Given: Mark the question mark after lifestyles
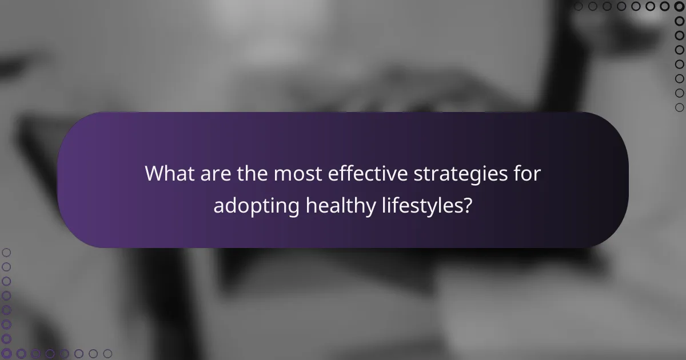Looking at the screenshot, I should point(468,206).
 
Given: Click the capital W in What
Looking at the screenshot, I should point(156,174).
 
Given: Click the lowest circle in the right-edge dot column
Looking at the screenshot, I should point(680,107).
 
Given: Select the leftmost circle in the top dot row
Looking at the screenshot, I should point(578,6).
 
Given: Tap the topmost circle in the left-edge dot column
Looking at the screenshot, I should point(6,252).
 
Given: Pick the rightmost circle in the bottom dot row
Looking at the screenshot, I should point(108,354).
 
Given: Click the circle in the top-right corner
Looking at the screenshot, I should point(680,6).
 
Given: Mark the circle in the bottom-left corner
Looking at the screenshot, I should point(6,354).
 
